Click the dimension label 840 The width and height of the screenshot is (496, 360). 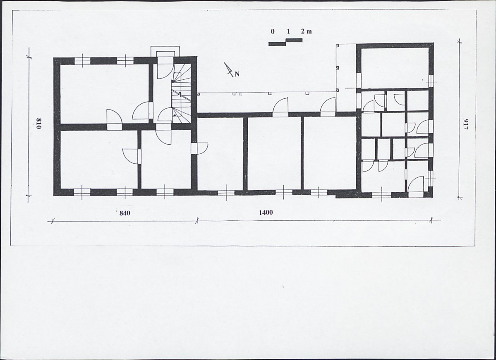tap(125, 213)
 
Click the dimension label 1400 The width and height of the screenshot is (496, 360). tap(266, 212)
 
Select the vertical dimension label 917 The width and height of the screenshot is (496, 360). tap(466, 124)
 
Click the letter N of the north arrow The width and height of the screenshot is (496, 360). tap(237, 74)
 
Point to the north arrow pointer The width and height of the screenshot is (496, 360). tap(228, 69)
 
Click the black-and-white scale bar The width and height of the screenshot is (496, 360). tap(285, 42)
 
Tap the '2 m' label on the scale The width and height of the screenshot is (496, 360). tap(306, 31)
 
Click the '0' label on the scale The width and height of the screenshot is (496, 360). tap(272, 31)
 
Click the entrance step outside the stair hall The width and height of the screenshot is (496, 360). tap(165, 52)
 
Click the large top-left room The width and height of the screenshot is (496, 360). tap(104, 93)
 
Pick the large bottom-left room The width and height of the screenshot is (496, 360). tap(99, 159)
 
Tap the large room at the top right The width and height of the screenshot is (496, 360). tap(395, 68)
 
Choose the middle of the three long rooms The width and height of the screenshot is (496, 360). tap(274, 154)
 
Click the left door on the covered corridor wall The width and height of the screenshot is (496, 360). tap(280, 107)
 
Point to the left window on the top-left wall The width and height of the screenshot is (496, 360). tap(82, 61)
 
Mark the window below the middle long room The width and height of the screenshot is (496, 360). tap(283, 192)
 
